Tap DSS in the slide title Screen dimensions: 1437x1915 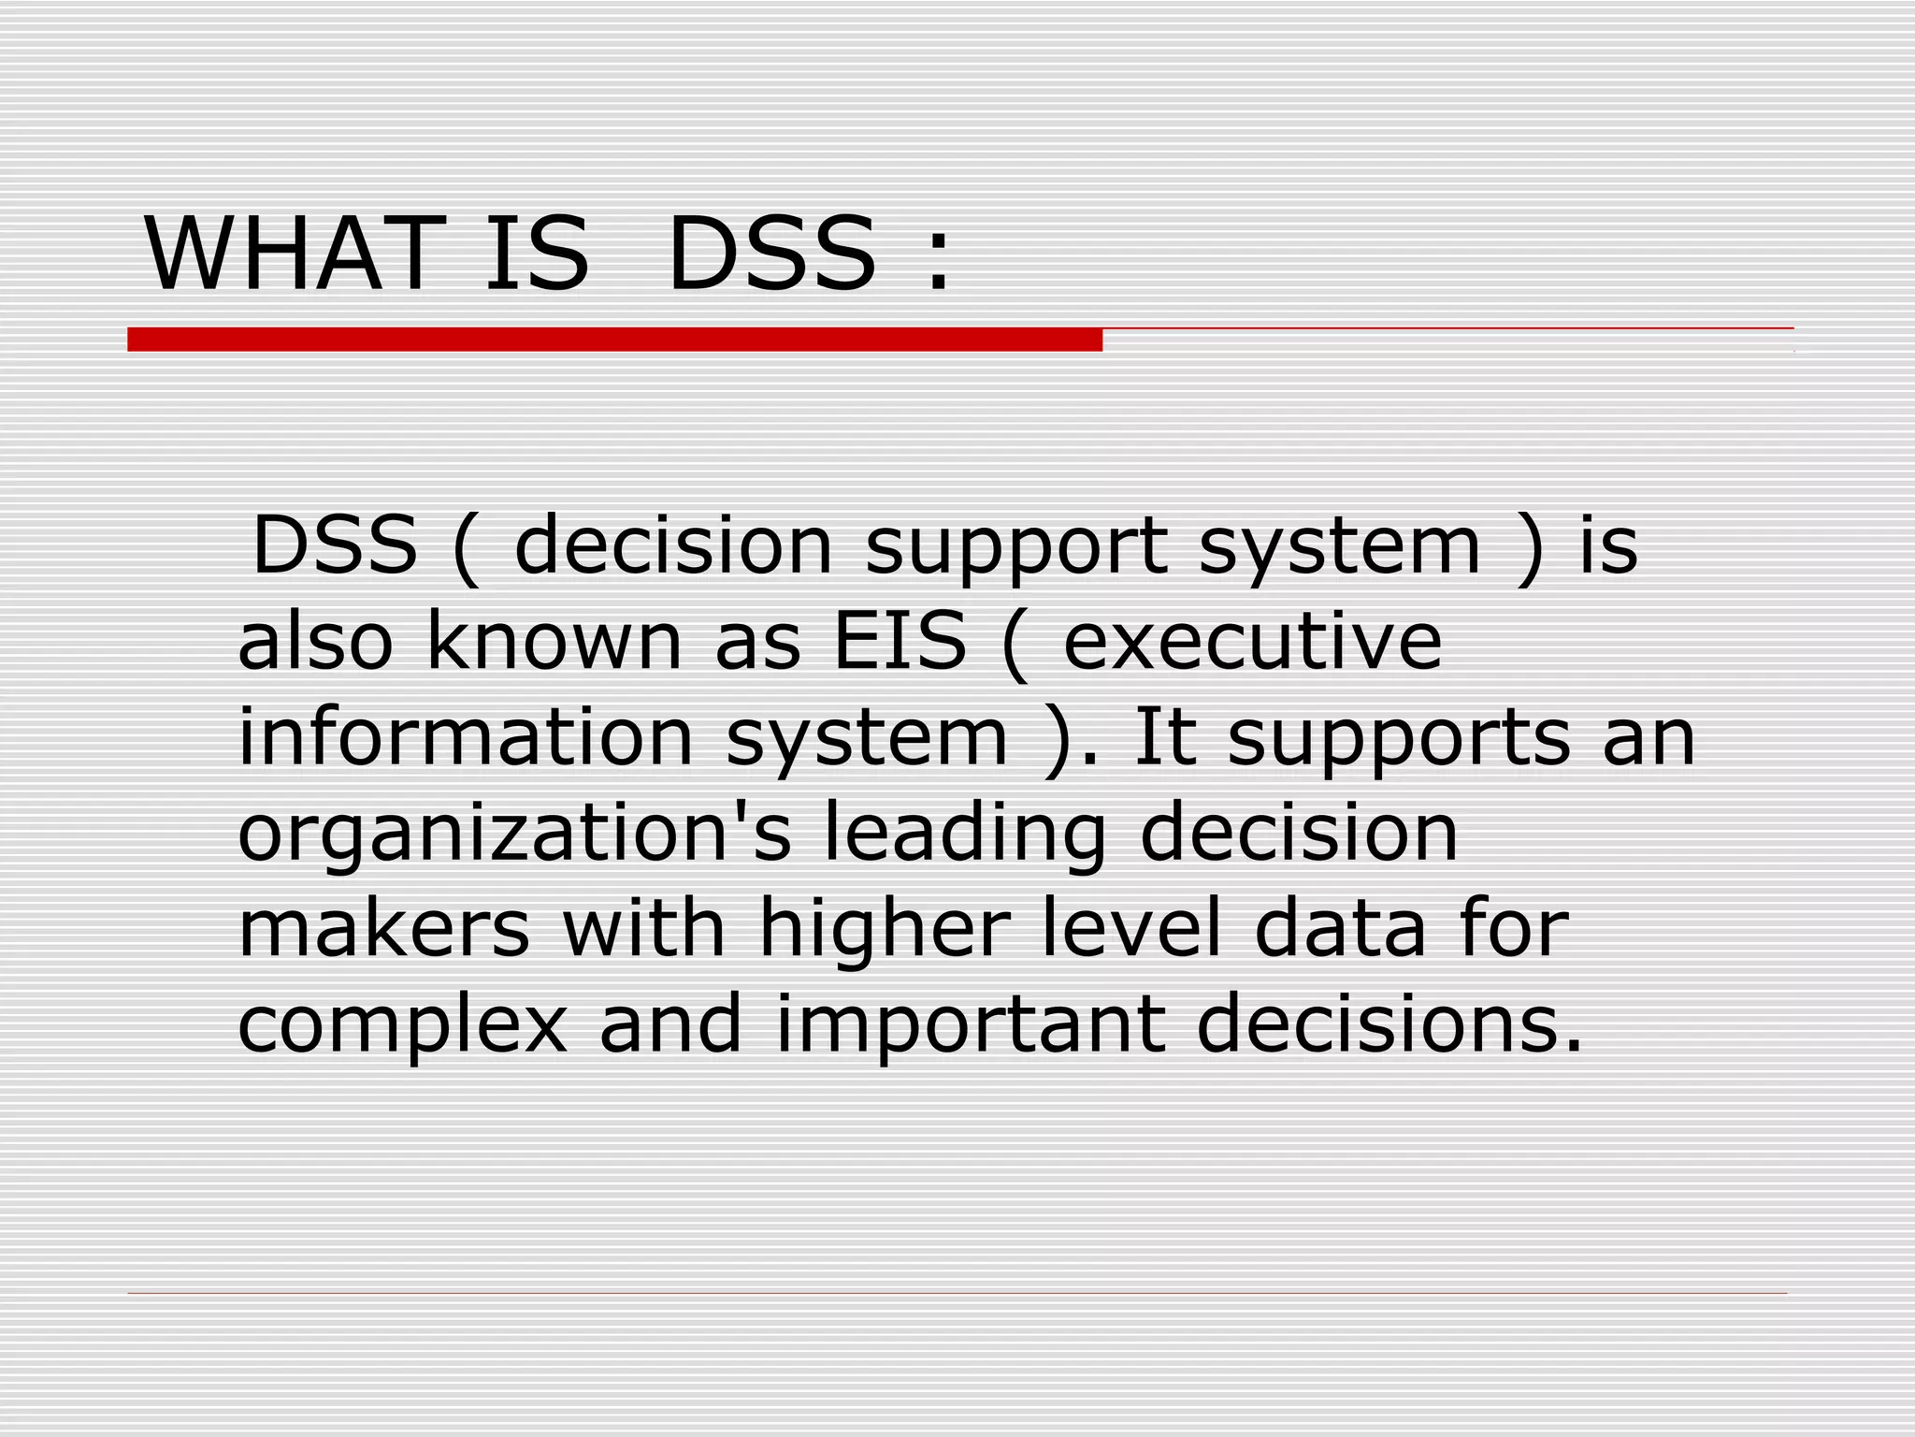click(771, 254)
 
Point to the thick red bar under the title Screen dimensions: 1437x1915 click(614, 340)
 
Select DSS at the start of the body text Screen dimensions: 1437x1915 click(335, 544)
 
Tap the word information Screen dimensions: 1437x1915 click(465, 737)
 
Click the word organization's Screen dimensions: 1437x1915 click(514, 835)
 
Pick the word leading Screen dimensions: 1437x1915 click(965, 835)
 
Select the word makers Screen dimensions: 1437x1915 click(384, 929)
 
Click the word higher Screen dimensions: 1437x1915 click(885, 929)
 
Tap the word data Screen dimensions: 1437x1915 click(1340, 929)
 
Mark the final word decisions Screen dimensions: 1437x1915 click(1389, 1024)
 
